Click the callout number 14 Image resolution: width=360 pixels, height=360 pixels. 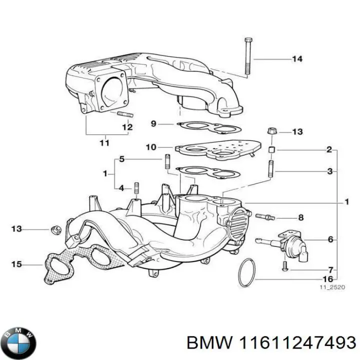(297, 59)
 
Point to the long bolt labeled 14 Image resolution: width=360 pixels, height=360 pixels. (247, 57)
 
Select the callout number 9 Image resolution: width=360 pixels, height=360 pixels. (153, 123)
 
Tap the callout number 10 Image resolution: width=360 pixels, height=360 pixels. (151, 147)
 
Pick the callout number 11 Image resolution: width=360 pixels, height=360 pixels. (103, 143)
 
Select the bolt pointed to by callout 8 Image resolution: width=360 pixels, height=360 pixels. (265, 217)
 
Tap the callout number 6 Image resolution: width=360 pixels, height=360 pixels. (330, 240)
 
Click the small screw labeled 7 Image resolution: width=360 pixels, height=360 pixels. (283, 265)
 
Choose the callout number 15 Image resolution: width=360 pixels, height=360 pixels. (16, 263)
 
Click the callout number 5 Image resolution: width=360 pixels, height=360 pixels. (121, 159)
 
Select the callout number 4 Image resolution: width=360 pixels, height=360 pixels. (121, 188)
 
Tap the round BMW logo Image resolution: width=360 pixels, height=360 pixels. (18, 330)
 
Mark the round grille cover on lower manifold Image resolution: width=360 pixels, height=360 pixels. (237, 225)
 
